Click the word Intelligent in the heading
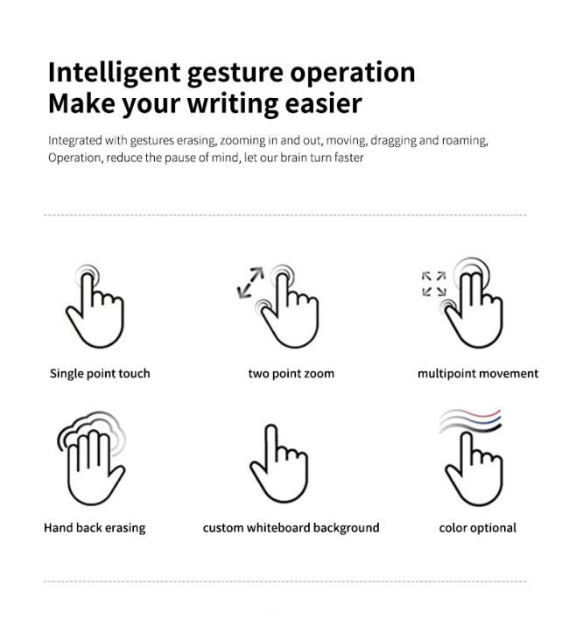[x=114, y=74]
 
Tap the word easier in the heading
[x=323, y=103]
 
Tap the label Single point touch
[x=100, y=374]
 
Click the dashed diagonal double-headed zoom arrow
[x=250, y=282]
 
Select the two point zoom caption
[x=291, y=374]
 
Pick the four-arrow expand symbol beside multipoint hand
[x=433, y=284]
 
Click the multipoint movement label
[x=478, y=374]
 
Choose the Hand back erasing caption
[x=95, y=528]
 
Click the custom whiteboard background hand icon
[x=279, y=463]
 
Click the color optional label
[x=477, y=528]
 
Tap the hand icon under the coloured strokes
[x=474, y=469]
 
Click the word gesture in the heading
[x=235, y=74]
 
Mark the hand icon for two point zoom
[x=290, y=310]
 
